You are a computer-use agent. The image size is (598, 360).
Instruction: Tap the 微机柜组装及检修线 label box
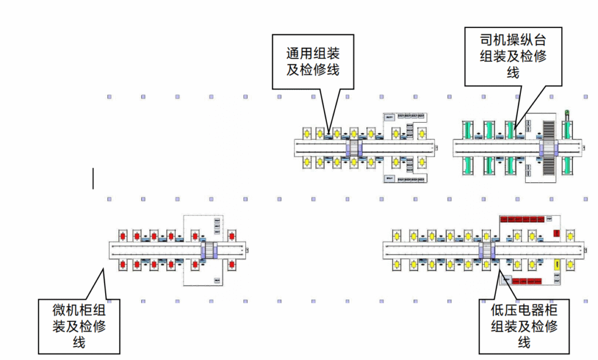pyautogui.click(x=79, y=326)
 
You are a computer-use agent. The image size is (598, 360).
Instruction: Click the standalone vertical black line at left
pyautogui.click(x=93, y=178)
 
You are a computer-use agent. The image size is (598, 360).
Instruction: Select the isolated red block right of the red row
pyautogui.click(x=556, y=233)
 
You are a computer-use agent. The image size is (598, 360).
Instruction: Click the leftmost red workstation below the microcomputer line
pyautogui.click(x=123, y=265)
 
